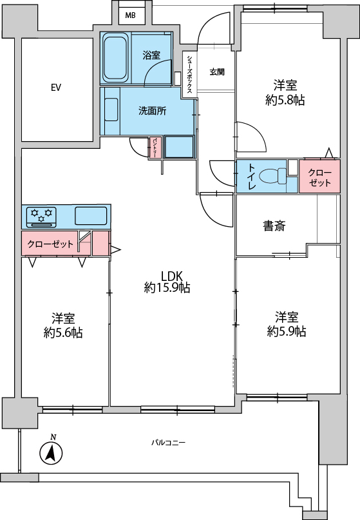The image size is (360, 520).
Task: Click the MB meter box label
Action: pos(130,15)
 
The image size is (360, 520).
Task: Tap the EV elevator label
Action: pos(55,88)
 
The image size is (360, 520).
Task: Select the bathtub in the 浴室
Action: pos(116,59)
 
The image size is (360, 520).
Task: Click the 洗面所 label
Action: pos(152,111)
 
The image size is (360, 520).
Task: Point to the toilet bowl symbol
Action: pos(273,176)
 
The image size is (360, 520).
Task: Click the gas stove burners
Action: pos(41,217)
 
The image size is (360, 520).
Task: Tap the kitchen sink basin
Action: pos(91,216)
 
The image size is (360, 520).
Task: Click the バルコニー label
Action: pos(168,443)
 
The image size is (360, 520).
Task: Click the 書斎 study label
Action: pos(274,226)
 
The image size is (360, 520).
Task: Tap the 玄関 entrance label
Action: pos(217,72)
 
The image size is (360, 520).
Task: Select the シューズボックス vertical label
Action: pos(189,73)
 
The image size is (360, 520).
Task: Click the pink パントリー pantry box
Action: pos(155,148)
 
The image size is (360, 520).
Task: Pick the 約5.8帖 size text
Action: pos(285,100)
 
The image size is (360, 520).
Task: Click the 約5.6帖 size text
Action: pos(63,332)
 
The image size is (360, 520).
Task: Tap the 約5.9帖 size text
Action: pos(287,331)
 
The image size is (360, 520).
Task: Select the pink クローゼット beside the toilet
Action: pos(319,177)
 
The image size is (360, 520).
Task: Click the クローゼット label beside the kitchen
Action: pos(50,244)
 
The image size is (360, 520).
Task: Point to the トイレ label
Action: pos(252,177)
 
